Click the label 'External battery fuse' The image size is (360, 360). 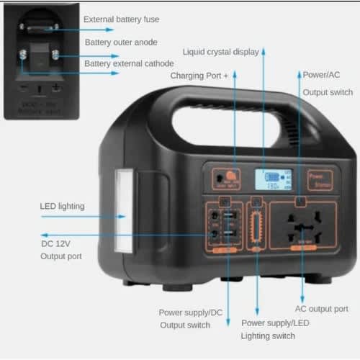click(x=122, y=19)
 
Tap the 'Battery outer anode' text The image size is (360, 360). click(x=121, y=42)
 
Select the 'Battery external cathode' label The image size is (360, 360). click(x=129, y=64)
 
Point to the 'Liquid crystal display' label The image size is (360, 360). click(x=221, y=52)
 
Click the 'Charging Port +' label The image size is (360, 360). click(x=199, y=75)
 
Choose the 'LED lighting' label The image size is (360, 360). click(x=62, y=207)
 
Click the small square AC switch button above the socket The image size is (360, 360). click(x=300, y=203)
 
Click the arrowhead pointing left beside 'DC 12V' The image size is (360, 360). click(x=44, y=235)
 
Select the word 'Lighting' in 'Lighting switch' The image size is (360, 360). click(x=257, y=336)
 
